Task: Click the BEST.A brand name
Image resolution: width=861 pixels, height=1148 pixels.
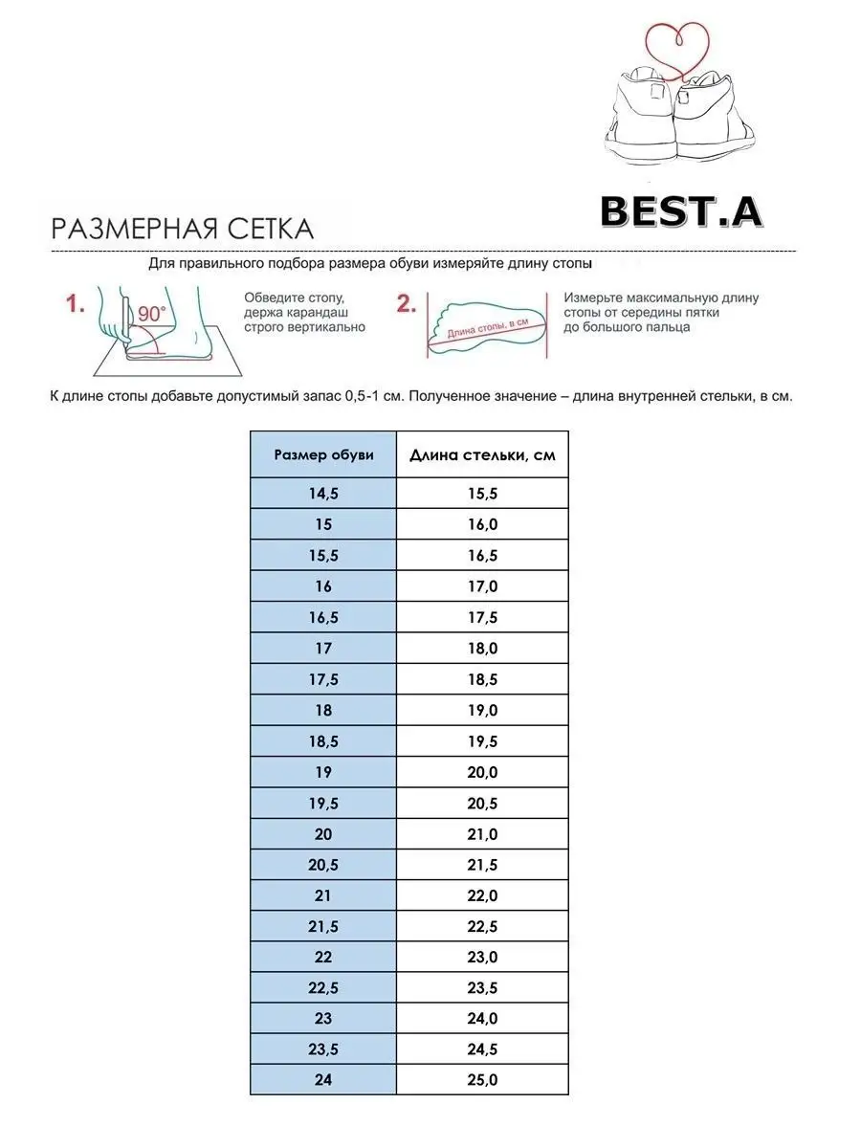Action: pos(680,211)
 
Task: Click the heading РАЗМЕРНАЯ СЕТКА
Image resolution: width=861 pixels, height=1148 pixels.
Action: pos(182,229)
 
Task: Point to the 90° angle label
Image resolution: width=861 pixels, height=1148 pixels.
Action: pos(151,314)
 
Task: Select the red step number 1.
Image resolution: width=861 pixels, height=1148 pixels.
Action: pos(76,305)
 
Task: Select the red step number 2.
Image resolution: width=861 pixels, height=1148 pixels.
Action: pos(406,304)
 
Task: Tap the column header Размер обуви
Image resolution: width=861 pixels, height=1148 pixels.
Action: pos(323,454)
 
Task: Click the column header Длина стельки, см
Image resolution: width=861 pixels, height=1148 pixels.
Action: pos(482,454)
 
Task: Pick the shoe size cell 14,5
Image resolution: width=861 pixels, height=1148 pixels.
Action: pos(323,493)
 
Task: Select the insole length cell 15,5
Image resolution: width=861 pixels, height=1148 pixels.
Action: pos(482,493)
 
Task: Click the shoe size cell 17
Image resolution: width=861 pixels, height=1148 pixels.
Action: pos(323,648)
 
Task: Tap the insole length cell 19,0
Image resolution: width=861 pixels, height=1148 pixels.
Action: pos(482,710)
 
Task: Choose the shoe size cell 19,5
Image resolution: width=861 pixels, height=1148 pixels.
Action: pos(323,803)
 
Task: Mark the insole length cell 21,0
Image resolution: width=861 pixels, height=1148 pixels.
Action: pos(482,834)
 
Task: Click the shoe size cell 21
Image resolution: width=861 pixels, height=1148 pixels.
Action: pos(323,895)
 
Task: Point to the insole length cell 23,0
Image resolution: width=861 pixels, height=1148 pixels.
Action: pos(482,958)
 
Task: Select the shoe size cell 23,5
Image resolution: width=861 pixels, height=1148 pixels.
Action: pos(323,1049)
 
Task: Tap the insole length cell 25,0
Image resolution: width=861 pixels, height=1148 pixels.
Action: pos(482,1080)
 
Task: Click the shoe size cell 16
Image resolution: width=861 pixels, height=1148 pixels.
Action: pos(323,585)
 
